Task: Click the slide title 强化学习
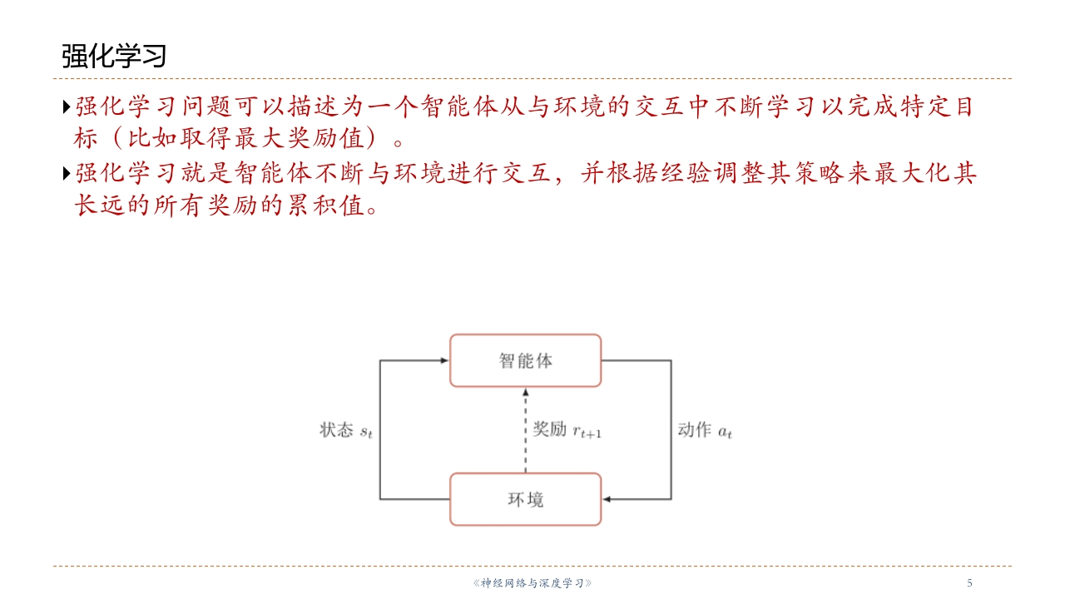[x=114, y=56]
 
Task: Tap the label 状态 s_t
[x=346, y=430]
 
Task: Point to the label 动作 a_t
[x=705, y=430]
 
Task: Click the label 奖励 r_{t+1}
[x=567, y=430]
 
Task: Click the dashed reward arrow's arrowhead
[x=525, y=392]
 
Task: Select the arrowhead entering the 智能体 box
[x=444, y=360]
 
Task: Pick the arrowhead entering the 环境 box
[x=607, y=499]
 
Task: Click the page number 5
[x=969, y=583]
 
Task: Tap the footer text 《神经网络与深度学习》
[x=532, y=583]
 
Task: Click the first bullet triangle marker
[x=67, y=106]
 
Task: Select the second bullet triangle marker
[x=67, y=173]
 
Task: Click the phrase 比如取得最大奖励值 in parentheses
[x=245, y=138]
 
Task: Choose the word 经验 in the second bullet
[x=686, y=172]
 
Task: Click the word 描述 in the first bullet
[x=314, y=106]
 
